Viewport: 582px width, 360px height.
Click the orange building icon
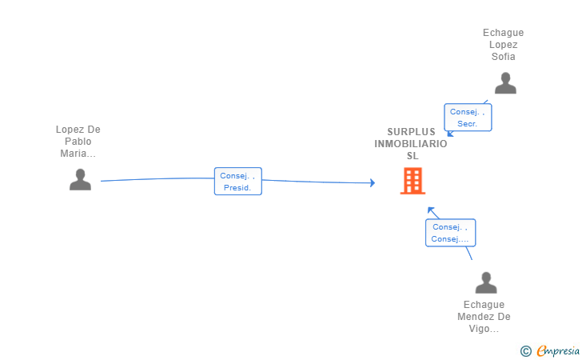pyautogui.click(x=413, y=181)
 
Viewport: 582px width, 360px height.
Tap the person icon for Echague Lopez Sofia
pyautogui.click(x=504, y=83)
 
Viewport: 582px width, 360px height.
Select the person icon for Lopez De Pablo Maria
pyautogui.click(x=80, y=180)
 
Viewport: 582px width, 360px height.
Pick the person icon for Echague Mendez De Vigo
pyautogui.click(x=485, y=282)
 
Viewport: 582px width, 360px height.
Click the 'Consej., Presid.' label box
pyautogui.click(x=237, y=182)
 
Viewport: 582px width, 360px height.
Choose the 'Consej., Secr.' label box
pyautogui.click(x=468, y=118)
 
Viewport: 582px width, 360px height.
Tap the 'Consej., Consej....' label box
pyautogui.click(x=450, y=233)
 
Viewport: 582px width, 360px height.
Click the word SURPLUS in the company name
pyautogui.click(x=412, y=132)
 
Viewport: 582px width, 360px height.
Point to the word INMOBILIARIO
pyautogui.click(x=411, y=144)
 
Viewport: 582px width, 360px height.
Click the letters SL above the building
pyautogui.click(x=413, y=156)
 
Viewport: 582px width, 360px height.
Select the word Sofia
pyautogui.click(x=504, y=57)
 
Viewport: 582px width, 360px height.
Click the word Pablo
pyautogui.click(x=78, y=142)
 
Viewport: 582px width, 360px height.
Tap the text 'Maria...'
pyautogui.click(x=78, y=154)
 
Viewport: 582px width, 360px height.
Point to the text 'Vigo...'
pyautogui.click(x=484, y=329)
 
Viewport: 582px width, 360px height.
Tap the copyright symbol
pyautogui.click(x=525, y=350)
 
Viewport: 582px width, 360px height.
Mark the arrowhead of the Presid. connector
pyautogui.click(x=373, y=183)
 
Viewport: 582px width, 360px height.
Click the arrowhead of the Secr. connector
pyautogui.click(x=449, y=134)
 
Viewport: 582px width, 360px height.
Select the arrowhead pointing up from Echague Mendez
pyautogui.click(x=430, y=210)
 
